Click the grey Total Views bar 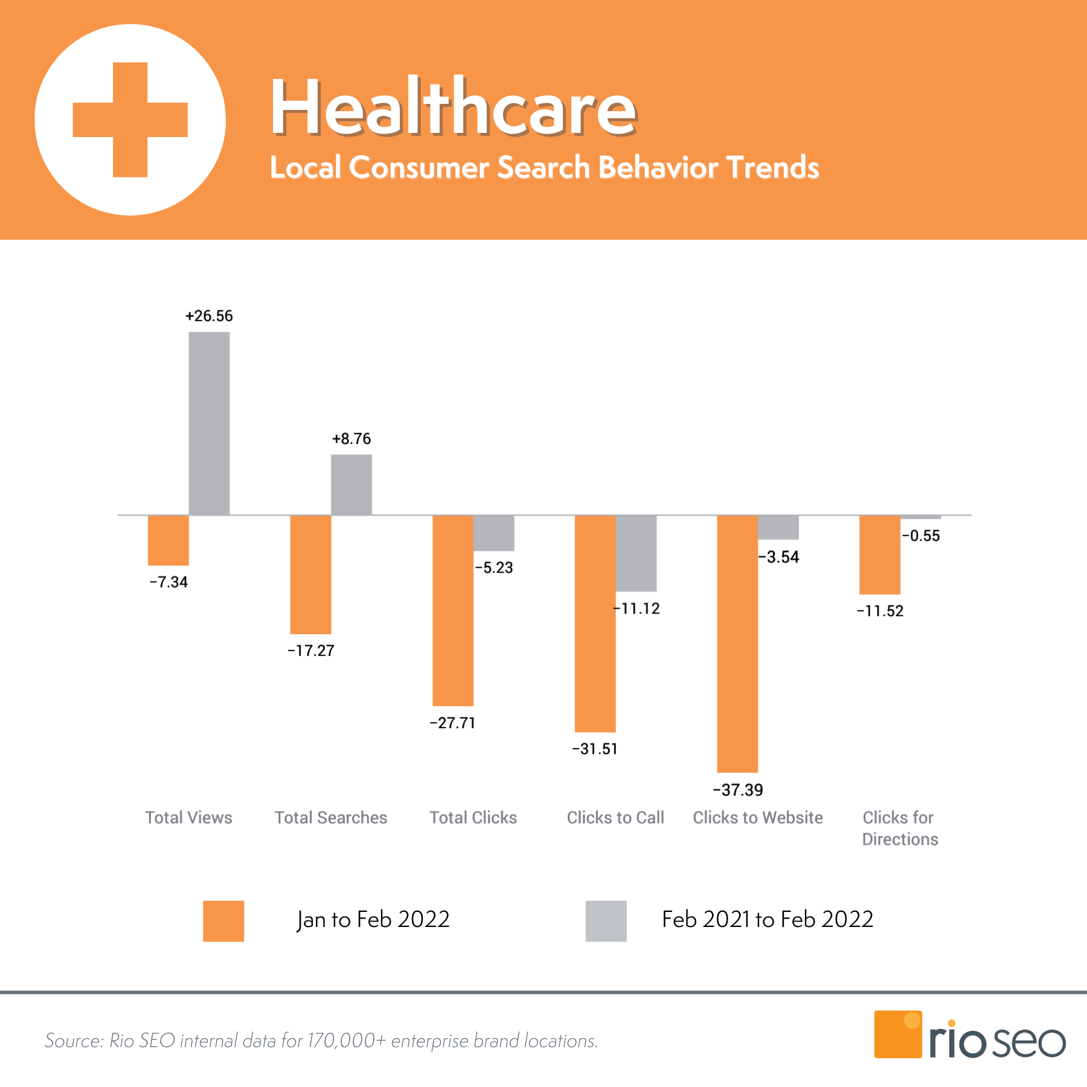(209, 423)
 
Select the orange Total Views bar (168, 540)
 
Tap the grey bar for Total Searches (351, 484)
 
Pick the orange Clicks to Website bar (737, 643)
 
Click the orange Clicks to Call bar (595, 623)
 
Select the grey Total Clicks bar (494, 533)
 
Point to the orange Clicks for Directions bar (880, 554)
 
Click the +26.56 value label (209, 316)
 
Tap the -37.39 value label (738, 790)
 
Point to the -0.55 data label (921, 536)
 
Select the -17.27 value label (311, 650)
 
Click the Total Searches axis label (331, 818)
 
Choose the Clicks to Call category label (615, 818)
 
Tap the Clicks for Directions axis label (900, 828)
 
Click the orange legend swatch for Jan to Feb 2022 (223, 921)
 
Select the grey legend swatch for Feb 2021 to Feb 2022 (606, 921)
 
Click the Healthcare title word (453, 107)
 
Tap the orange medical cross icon (130, 120)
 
